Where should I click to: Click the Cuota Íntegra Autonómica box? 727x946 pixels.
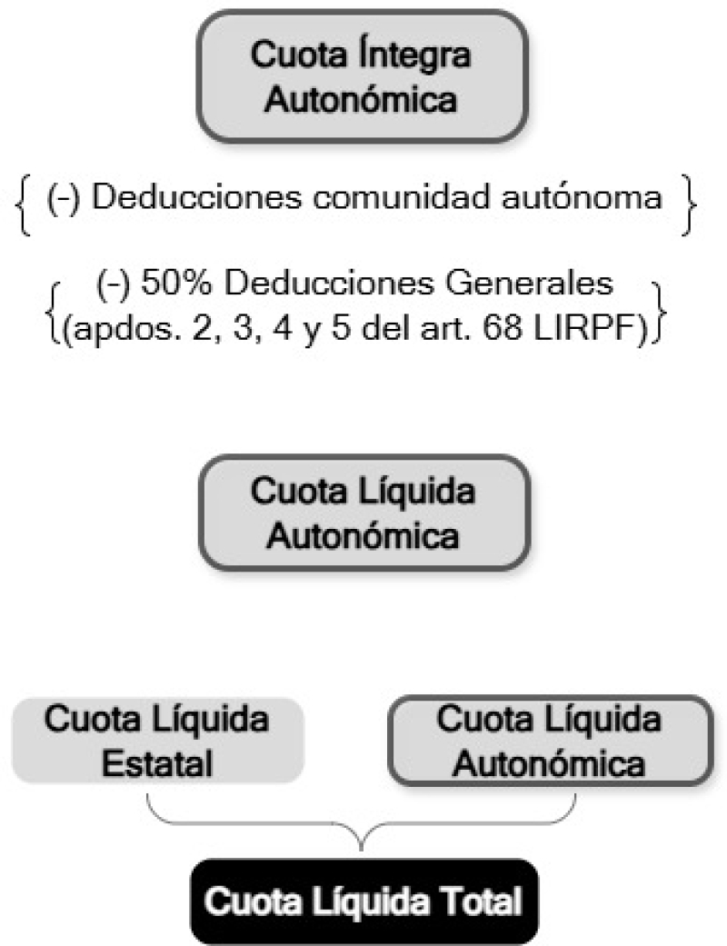click(x=363, y=76)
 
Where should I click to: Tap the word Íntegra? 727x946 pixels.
click(x=413, y=55)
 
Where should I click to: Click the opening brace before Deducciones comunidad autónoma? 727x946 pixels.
click(x=24, y=204)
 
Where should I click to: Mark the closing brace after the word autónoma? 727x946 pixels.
click(x=689, y=204)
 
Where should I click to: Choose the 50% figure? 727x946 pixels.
click(x=176, y=283)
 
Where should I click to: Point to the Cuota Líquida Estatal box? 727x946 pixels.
click(x=157, y=741)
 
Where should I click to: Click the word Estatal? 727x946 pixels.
click(x=157, y=763)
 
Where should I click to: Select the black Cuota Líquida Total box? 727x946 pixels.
click(x=363, y=901)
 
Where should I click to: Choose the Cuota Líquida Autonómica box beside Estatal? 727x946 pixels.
click(x=550, y=741)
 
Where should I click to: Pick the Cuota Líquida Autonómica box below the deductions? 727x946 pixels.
click(x=363, y=513)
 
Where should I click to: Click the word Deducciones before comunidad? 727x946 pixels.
click(x=196, y=196)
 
